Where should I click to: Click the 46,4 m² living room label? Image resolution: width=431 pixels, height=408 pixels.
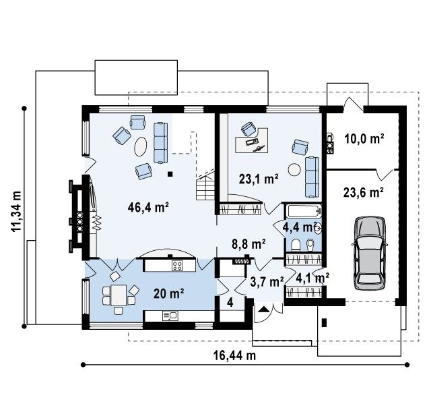point(148,207)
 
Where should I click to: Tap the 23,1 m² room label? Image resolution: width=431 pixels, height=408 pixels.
point(259,179)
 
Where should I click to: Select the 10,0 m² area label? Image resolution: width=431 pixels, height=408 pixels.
point(364,139)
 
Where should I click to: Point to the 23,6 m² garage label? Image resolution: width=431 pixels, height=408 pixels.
point(364,192)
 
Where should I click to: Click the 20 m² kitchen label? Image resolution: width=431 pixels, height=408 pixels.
point(169,294)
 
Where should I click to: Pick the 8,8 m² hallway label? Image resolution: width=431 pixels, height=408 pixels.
point(248,244)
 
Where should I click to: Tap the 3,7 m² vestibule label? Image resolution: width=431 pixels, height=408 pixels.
point(267,282)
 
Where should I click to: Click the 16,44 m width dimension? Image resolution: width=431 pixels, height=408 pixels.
point(235,355)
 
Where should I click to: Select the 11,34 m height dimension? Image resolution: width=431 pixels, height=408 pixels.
point(16,211)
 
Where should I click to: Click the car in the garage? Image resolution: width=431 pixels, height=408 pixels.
point(370,253)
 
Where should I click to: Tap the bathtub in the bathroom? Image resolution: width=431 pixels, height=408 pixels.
point(304,212)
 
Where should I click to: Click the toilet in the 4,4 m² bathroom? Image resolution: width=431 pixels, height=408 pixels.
point(296,245)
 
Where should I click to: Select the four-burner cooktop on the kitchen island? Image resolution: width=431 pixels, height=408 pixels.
point(177,266)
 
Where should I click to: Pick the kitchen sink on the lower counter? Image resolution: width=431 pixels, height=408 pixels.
point(170,316)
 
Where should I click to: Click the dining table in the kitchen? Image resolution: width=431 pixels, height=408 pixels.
point(119,295)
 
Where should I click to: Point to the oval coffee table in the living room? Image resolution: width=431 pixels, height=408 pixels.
point(141,146)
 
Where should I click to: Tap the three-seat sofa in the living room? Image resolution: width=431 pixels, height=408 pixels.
point(160,143)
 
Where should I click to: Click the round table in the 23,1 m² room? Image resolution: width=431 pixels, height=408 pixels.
point(294,169)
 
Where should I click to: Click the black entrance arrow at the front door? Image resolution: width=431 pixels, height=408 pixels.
point(264,309)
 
